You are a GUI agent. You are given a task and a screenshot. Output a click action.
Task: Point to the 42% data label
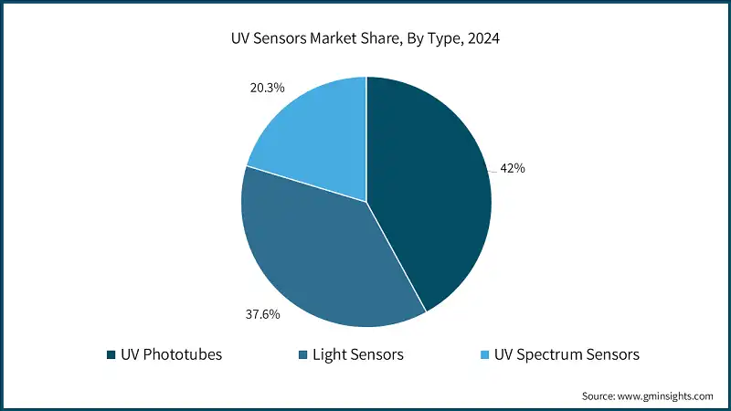[x=512, y=169]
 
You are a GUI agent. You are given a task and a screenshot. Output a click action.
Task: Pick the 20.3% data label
[x=266, y=88]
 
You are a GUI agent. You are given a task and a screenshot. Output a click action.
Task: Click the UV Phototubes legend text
[x=171, y=354]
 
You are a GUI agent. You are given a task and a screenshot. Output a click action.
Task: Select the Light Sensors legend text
[x=357, y=354]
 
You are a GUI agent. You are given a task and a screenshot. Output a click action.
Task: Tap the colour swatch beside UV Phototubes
[x=111, y=354]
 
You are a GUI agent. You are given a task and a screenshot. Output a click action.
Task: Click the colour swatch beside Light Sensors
[x=302, y=354]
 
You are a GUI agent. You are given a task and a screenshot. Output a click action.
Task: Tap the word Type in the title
[x=441, y=39]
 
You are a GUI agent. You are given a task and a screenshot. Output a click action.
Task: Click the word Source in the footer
[x=599, y=396]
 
